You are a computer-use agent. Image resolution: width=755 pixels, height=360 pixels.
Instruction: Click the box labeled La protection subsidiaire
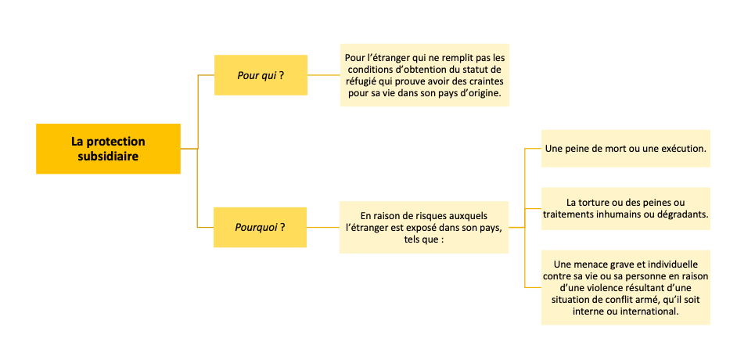[x=108, y=149]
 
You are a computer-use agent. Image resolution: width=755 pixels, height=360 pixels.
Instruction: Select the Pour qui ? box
[x=261, y=75]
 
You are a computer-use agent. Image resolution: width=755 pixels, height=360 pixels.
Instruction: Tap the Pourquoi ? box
[x=260, y=227]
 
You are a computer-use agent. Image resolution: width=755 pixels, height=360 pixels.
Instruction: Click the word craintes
[x=487, y=82]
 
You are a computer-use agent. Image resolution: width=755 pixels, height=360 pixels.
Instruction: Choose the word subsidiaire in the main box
[x=108, y=157]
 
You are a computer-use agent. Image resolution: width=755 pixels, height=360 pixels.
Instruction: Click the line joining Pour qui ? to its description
[x=324, y=75]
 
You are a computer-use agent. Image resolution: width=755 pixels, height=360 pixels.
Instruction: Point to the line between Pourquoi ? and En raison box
[x=323, y=227]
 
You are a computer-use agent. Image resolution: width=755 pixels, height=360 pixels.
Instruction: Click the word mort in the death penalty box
[x=612, y=149]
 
